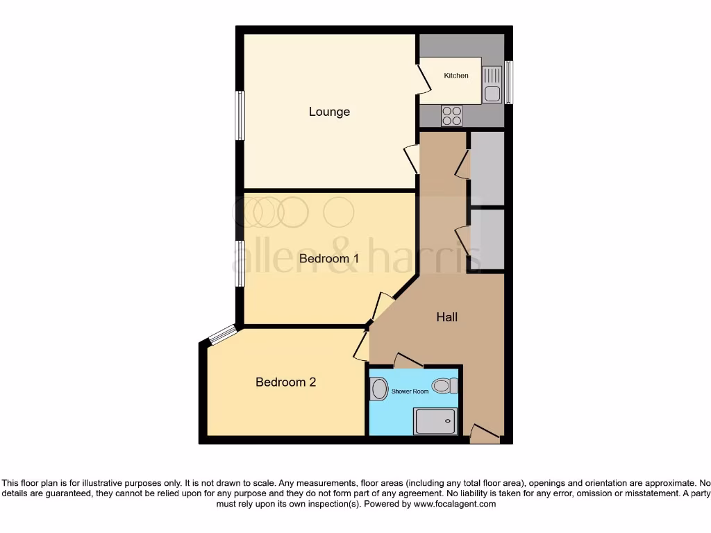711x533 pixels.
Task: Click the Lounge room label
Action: coord(329,112)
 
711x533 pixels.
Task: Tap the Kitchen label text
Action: coord(456,76)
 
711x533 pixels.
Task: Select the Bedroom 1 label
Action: coord(329,259)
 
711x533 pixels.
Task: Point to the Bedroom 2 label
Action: coord(286,382)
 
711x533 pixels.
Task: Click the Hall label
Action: coord(447,317)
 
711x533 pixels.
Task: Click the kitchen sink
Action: coord(492,84)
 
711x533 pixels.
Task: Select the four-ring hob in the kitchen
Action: coord(451,115)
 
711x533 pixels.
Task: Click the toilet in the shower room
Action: coord(444,385)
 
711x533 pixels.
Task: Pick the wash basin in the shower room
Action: coord(379,389)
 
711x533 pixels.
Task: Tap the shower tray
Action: coord(435,421)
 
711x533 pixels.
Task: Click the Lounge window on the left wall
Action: coord(240,115)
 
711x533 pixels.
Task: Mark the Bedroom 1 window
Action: coord(240,264)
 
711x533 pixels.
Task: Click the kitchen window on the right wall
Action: coord(508,83)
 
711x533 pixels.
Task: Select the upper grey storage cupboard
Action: coord(487,167)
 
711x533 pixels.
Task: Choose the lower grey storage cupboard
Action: coord(487,239)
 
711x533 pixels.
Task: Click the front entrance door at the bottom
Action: coord(484,434)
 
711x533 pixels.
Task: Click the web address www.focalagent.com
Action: coord(455,505)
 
